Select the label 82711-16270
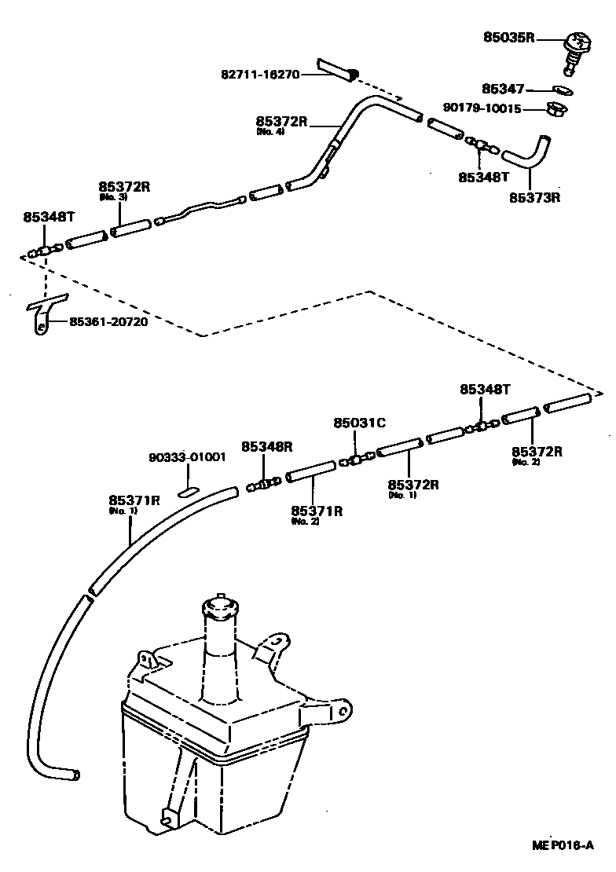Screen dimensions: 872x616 pos(259,75)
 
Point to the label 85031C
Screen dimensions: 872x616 pos(359,423)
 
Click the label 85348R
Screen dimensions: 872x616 pos(267,446)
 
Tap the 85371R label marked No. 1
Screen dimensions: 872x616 pos(134,500)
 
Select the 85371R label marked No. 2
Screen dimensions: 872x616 pos(317,511)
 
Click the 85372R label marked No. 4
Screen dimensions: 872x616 pos(281,122)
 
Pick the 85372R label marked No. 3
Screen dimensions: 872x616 pos(124,187)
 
